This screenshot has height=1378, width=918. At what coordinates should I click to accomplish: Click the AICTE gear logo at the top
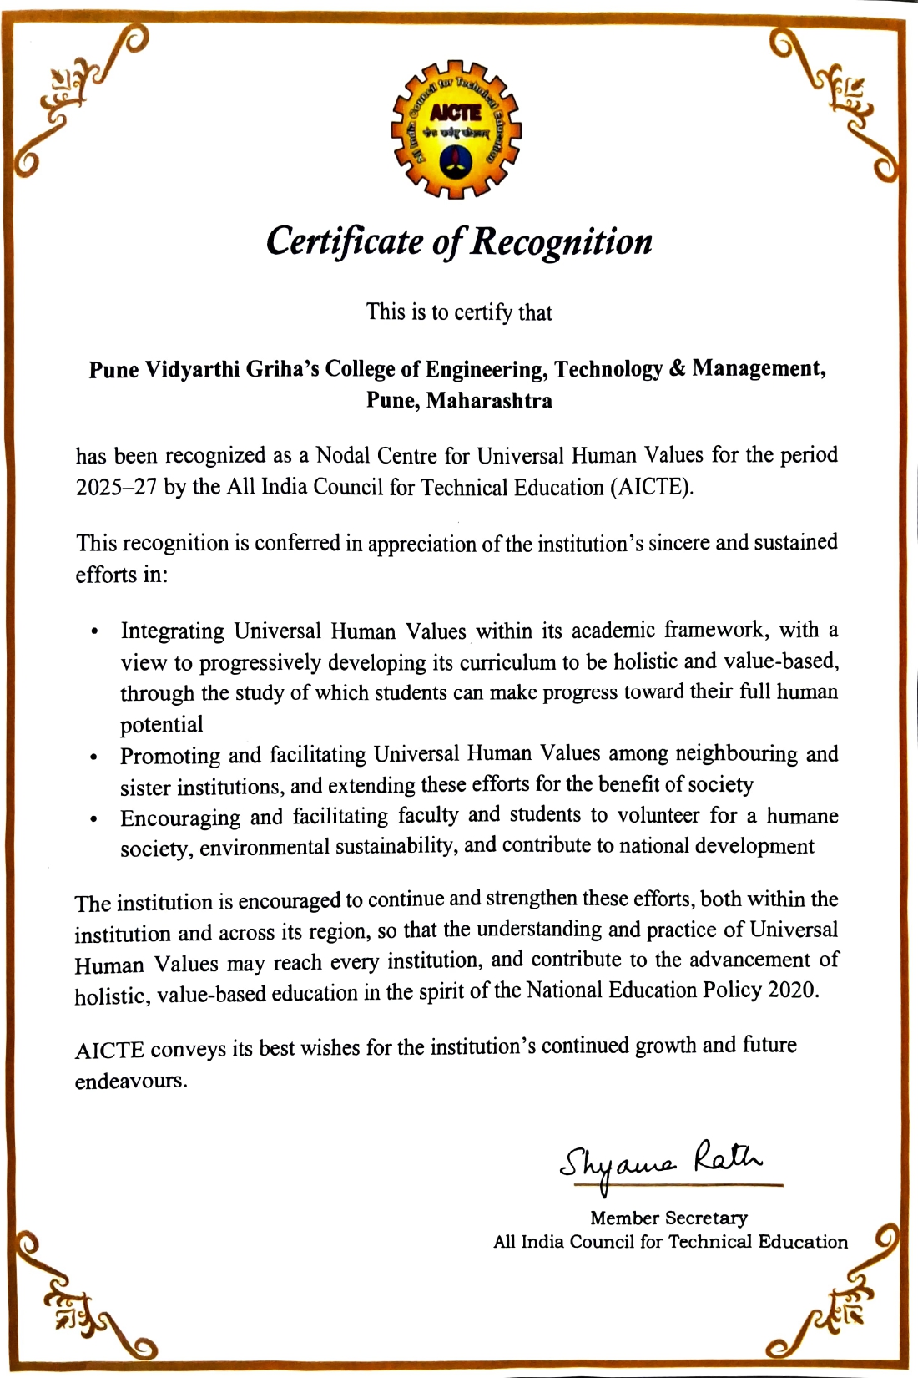456,129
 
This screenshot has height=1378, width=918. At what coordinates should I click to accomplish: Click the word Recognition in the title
562,241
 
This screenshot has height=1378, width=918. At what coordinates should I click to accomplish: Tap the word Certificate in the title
345,241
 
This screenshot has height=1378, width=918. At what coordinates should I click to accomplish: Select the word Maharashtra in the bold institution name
489,401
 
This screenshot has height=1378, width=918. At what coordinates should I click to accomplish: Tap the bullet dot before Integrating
94,631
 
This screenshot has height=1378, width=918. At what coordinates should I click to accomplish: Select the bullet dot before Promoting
94,758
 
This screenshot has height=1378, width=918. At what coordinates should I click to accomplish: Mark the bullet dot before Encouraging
94,820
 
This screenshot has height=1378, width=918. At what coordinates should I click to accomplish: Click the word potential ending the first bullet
162,725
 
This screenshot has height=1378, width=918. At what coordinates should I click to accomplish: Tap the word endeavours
130,1081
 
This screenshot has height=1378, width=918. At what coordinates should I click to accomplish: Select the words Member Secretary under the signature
668,1218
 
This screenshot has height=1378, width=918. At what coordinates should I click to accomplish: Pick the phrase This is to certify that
459,312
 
